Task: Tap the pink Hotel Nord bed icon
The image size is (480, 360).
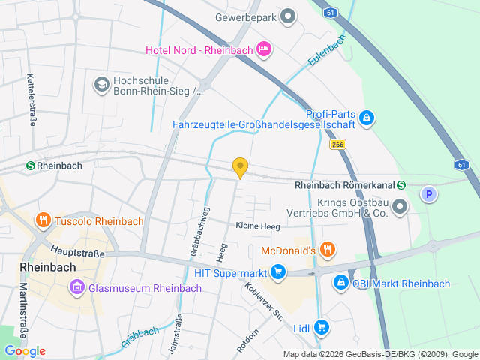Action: [264, 49]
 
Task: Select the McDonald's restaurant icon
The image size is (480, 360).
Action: [326, 250]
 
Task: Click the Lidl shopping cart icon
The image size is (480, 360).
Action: [322, 326]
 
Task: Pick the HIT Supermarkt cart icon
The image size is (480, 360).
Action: [278, 271]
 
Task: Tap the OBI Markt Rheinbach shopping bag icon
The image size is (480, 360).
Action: [340, 282]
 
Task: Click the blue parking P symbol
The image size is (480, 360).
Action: [428, 194]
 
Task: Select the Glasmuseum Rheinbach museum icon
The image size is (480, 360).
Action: [76, 286]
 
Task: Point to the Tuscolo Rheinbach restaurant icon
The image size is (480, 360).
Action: [43, 220]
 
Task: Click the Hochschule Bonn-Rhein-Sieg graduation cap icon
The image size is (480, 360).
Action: [100, 84]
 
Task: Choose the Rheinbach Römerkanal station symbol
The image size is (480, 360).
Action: [401, 185]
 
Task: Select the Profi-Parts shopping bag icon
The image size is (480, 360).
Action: [367, 118]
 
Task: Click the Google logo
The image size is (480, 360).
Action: [24, 350]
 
